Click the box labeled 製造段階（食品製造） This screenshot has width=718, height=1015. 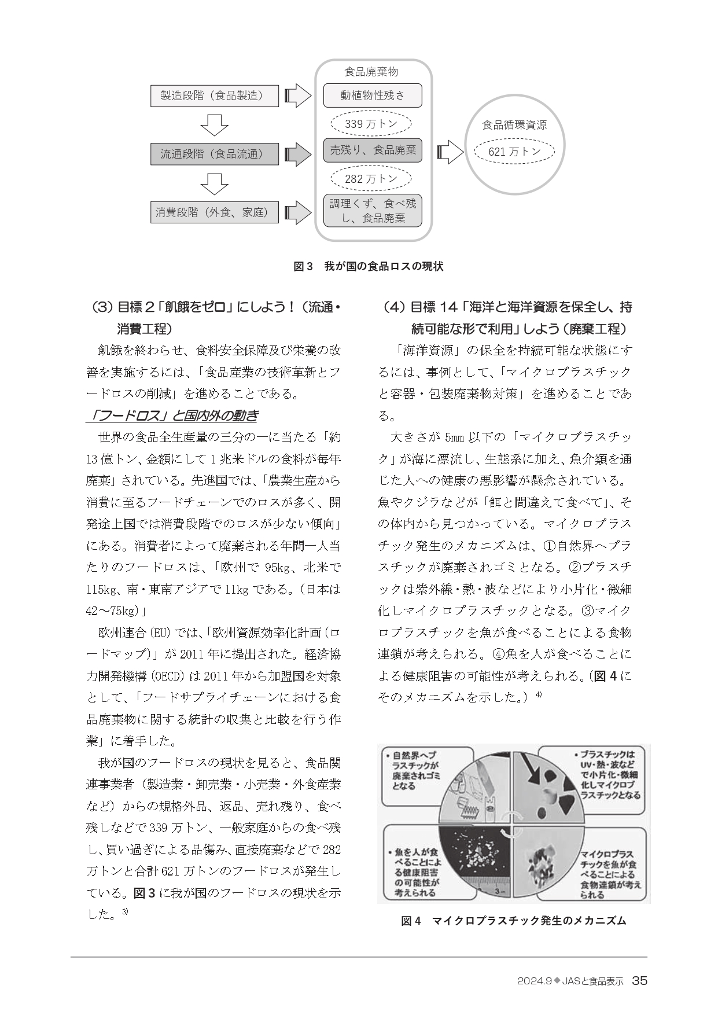pos(215,96)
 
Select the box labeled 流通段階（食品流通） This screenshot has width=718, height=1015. pos(215,154)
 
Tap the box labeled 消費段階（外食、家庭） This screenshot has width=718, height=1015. pos(215,212)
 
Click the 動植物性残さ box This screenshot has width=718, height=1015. pos(373,95)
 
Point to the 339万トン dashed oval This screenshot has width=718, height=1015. pos(371,124)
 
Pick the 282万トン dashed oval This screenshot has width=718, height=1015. pos(371,179)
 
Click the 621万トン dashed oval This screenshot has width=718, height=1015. pos(514,152)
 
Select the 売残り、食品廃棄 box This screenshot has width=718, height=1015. pos(373,150)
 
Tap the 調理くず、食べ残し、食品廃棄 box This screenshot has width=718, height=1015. pos(373,211)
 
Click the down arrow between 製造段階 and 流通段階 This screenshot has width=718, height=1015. pos(214,125)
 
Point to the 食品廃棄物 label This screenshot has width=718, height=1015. pos(371,72)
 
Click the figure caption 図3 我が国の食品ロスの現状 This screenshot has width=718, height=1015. pos(369,267)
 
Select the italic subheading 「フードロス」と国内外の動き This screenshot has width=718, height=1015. pos(172,416)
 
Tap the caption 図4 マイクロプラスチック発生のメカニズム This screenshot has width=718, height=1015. pos(514,920)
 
